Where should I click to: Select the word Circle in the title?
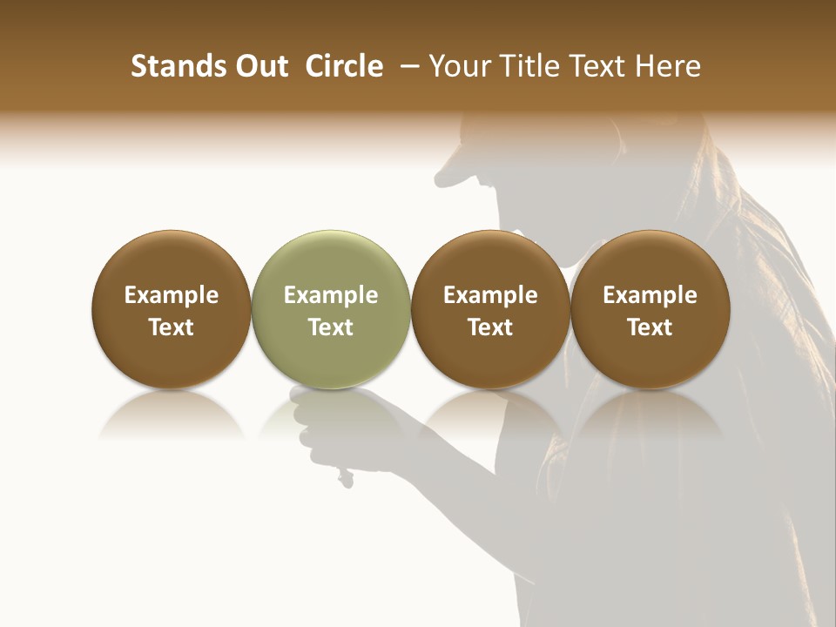point(344,66)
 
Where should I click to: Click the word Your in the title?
point(459,66)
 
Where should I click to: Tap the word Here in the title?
point(669,66)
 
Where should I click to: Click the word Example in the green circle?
point(331,295)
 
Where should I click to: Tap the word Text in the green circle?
point(331,327)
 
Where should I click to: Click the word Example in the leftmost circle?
point(172,295)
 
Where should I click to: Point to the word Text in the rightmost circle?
point(650,327)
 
